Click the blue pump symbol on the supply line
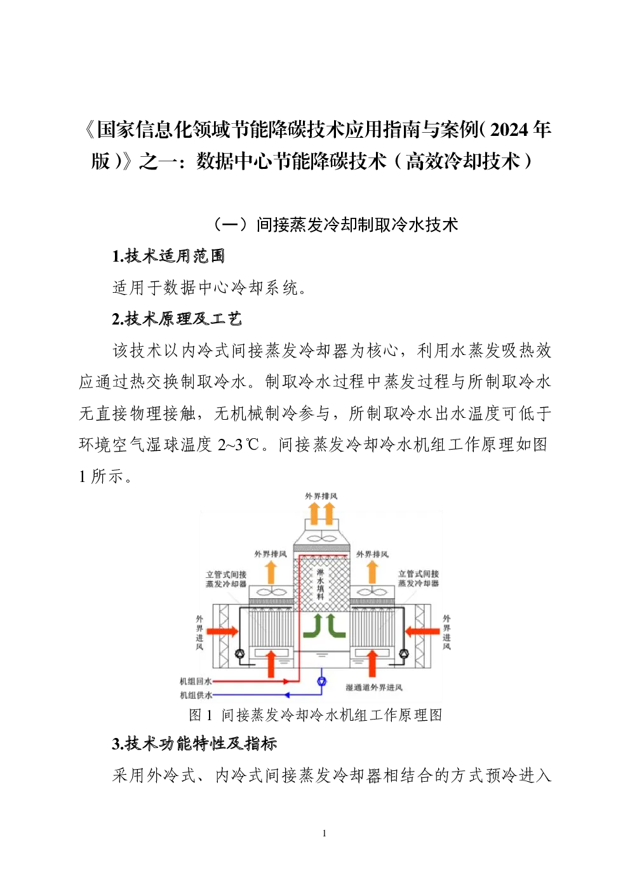point(322,681)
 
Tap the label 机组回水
point(196,681)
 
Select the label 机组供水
point(196,695)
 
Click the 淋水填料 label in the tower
point(321,584)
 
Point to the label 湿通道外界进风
point(374,687)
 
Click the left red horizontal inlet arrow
point(222,631)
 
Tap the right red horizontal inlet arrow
point(422,631)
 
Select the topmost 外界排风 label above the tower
point(321,496)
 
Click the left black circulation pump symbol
point(240,653)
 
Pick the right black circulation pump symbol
point(403,653)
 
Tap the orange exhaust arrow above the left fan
point(271,572)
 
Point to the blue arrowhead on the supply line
point(286,695)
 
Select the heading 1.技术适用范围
point(168,256)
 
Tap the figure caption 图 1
point(201,715)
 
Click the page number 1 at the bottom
point(325,833)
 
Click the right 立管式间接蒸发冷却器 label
point(419,579)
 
